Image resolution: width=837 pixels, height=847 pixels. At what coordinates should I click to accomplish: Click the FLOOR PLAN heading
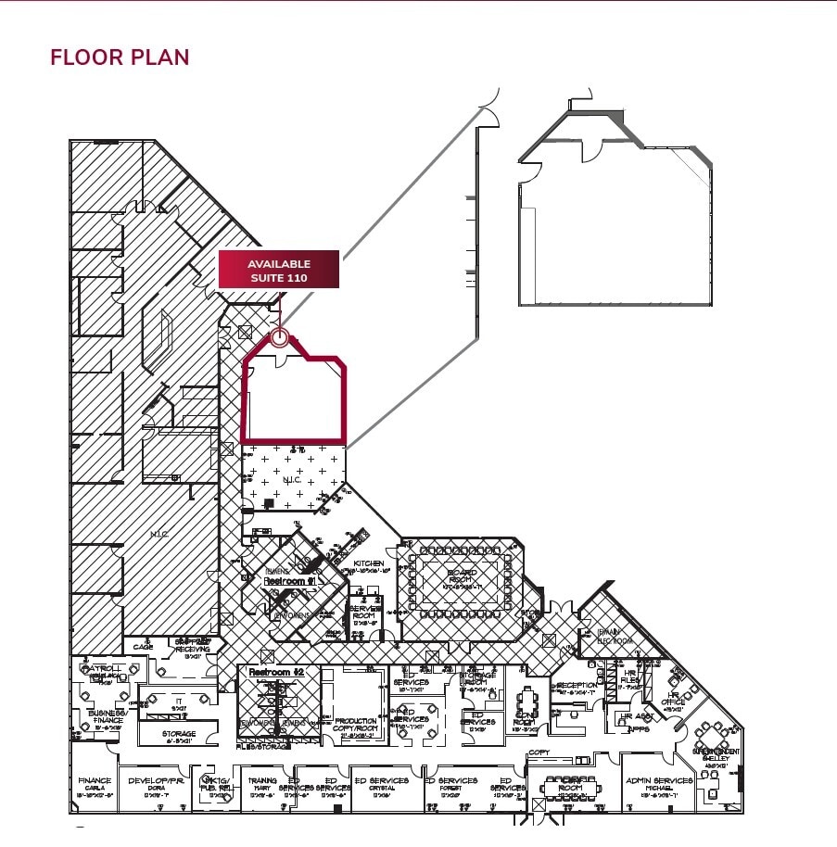tap(120, 57)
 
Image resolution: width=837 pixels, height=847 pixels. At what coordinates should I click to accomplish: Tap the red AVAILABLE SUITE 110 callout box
tap(278, 270)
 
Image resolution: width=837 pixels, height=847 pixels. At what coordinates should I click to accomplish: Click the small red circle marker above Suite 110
tap(279, 338)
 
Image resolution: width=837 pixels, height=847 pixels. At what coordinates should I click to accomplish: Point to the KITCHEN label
tap(368, 563)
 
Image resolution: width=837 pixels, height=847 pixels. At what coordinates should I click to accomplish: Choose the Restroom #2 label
tap(277, 671)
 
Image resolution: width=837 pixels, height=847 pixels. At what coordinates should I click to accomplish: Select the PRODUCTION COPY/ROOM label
tap(356, 725)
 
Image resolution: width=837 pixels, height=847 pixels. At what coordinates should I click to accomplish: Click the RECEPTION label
tap(577, 686)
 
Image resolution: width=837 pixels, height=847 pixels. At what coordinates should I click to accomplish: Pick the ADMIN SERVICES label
tap(659, 781)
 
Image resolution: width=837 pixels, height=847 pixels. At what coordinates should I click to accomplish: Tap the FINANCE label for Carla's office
tap(95, 781)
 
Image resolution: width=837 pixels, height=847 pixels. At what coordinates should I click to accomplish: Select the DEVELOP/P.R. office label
tap(153, 781)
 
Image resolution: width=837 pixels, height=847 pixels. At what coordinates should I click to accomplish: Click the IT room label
tap(178, 702)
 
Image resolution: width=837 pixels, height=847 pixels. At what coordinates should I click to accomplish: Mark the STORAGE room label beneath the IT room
tap(179, 734)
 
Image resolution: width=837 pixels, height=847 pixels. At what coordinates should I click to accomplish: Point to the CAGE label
tap(143, 647)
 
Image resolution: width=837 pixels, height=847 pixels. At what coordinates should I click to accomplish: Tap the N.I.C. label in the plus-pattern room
tap(293, 480)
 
